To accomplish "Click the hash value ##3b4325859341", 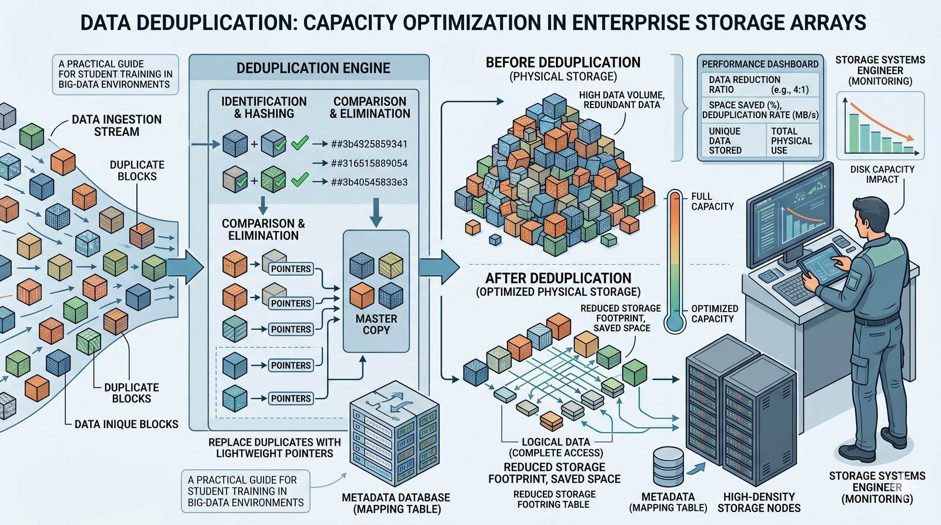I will pyautogui.click(x=369, y=144).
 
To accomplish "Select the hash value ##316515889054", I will pyautogui.click(x=369, y=163).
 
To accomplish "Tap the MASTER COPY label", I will pyautogui.click(x=376, y=324).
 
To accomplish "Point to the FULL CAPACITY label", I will pyautogui.click(x=712, y=201).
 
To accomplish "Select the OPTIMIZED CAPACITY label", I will pyautogui.click(x=714, y=313).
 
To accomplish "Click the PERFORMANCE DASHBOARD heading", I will pyautogui.click(x=760, y=64).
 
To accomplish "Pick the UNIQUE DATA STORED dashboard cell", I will pyautogui.click(x=725, y=141).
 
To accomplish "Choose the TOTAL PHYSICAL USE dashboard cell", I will pyautogui.click(x=791, y=141).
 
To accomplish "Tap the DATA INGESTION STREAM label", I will pyautogui.click(x=116, y=125).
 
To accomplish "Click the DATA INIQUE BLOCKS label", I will pyautogui.click(x=126, y=424).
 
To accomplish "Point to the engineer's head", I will pyautogui.click(x=871, y=215).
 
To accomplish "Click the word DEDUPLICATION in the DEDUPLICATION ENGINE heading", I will pyautogui.click(x=286, y=68).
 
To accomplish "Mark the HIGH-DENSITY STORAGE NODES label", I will pyautogui.click(x=759, y=502).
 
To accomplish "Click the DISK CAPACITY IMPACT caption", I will pyautogui.click(x=882, y=174).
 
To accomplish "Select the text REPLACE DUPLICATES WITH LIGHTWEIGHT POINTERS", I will pyautogui.click(x=274, y=447).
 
